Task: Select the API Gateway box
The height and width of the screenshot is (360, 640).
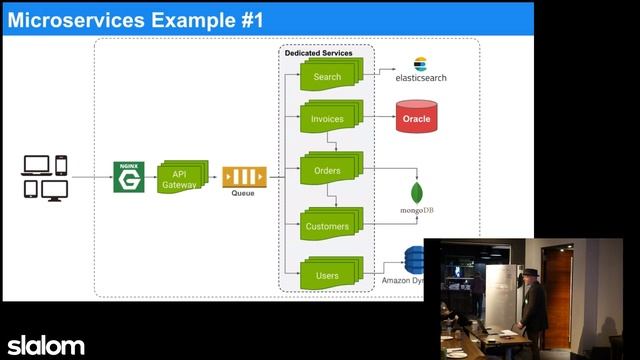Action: pos(180,178)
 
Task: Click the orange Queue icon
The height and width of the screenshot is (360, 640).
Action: pos(243,177)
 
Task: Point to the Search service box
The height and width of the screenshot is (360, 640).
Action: pos(326,77)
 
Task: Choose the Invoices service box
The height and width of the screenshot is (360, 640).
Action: pos(326,119)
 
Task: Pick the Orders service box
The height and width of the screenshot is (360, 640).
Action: pos(326,171)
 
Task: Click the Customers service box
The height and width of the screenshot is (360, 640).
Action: pos(326,226)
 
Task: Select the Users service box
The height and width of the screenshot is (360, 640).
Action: pos(326,275)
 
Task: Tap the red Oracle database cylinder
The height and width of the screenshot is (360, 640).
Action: pos(416,118)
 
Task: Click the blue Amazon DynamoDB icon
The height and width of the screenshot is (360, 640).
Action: pos(413,261)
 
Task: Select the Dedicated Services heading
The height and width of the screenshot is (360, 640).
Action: pos(318,52)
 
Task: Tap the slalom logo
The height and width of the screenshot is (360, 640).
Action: pos(46,345)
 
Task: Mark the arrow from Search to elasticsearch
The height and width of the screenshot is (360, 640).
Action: pos(376,74)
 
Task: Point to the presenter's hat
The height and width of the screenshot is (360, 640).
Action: pos(529,270)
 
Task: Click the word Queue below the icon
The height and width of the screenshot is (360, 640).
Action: pos(243,193)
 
